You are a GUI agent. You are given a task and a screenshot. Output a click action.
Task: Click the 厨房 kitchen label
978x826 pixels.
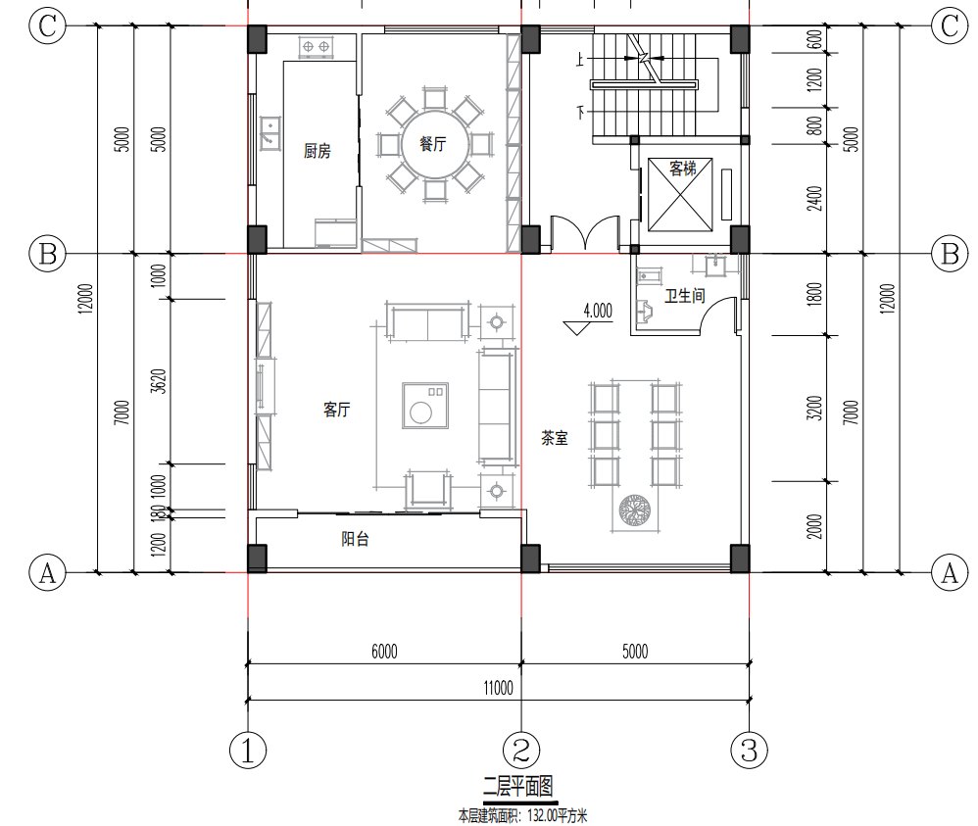pos(317,151)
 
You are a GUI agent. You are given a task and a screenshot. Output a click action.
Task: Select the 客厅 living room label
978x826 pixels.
pos(336,410)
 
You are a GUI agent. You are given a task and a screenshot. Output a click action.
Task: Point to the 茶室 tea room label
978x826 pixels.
pos(554,437)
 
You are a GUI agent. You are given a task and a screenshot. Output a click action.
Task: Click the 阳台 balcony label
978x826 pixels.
pos(355,538)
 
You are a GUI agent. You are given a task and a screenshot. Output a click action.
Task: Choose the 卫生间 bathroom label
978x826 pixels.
pos(684,296)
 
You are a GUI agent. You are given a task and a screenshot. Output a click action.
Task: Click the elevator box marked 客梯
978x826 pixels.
pos(680,194)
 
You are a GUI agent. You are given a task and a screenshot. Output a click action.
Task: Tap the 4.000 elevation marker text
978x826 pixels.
pos(598,311)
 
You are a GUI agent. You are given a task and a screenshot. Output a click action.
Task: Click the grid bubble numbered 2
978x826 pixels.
pos(521,750)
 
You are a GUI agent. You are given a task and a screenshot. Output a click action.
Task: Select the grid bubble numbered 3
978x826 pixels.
pos(749,750)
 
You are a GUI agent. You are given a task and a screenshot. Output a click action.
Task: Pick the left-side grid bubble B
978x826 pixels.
pos(47,254)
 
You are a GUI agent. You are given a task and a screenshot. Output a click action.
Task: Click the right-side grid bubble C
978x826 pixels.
pos(950,26)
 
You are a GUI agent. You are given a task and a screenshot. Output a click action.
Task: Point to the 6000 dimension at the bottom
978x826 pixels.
pos(384,652)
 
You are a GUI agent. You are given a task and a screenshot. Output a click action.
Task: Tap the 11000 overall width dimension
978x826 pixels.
pos(499,688)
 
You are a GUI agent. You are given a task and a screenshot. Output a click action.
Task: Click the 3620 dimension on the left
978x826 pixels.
pos(159,381)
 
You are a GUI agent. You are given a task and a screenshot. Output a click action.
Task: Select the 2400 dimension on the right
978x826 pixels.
pos(814,198)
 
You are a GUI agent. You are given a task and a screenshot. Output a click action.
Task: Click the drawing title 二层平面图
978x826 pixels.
pos(518,786)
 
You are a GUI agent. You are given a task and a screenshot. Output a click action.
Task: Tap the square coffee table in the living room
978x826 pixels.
pos(425,406)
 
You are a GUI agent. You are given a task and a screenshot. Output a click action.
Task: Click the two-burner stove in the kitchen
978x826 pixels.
pos(316,46)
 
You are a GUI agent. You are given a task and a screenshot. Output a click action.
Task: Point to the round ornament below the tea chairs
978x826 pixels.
pos(635,510)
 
